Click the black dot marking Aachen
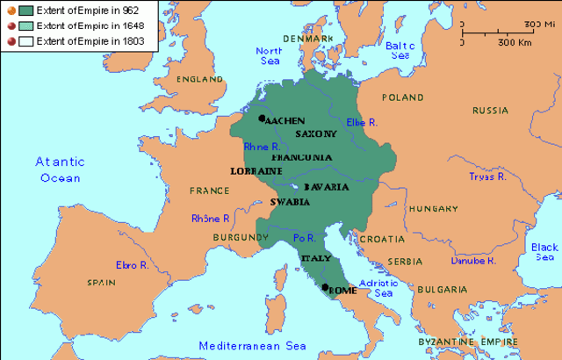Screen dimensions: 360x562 point(262,118)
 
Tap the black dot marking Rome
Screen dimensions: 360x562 point(325,287)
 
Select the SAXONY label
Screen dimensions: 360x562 point(315,133)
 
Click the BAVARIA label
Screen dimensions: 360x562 point(327,188)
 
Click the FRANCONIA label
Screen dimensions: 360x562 point(302,156)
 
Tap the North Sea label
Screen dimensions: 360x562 point(269,56)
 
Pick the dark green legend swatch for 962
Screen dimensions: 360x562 point(26,10)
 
